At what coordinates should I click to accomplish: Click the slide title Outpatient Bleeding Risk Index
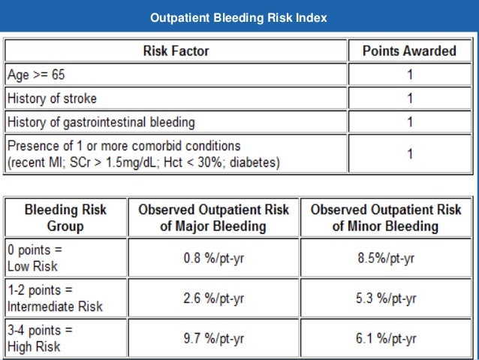[x=239, y=17]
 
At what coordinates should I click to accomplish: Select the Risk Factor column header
[x=176, y=51]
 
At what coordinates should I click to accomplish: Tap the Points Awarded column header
[x=409, y=51]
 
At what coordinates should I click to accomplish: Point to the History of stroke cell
[x=52, y=98]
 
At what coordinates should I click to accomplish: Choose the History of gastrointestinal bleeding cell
[x=100, y=122]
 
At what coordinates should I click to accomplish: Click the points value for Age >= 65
[x=409, y=75]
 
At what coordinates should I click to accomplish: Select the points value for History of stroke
[x=409, y=98]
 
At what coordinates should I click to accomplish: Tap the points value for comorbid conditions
[x=409, y=153]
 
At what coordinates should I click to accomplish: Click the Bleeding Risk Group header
[x=66, y=216]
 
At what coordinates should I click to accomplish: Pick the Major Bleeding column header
[x=213, y=216]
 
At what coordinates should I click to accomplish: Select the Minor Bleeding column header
[x=386, y=216]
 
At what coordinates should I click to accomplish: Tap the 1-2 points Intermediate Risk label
[x=54, y=298]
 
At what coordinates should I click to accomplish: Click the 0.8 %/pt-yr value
[x=214, y=259]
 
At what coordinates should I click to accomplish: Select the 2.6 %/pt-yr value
[x=214, y=298]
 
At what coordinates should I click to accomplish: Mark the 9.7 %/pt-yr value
[x=214, y=338]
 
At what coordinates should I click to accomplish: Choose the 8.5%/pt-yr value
[x=386, y=259]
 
